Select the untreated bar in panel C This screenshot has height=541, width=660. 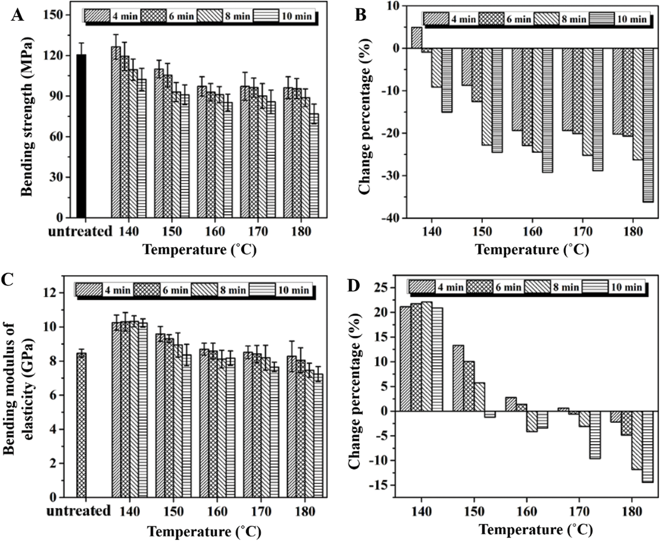81,424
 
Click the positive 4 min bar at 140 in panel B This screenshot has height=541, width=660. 416,38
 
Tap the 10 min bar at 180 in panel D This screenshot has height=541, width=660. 648,446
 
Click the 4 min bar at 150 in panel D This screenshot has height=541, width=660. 458,378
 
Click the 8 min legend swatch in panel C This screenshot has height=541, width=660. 203,290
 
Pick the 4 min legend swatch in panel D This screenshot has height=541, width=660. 421,287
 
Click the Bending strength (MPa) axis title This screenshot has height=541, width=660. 27,115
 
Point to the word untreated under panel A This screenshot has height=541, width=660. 80,231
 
